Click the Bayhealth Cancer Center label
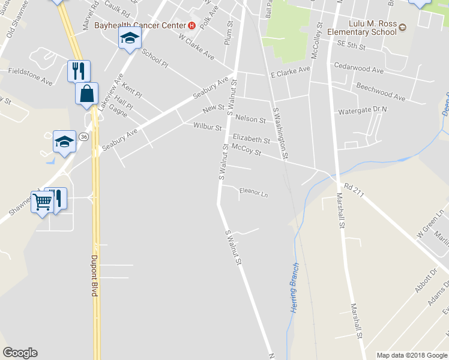coord(140,26)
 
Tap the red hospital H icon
coord(191,26)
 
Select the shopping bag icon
coord(86,94)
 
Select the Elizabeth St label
coord(252,139)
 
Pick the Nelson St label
coord(251,119)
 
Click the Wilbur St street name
coord(208,127)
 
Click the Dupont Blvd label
coord(94,277)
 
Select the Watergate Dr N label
coord(363,110)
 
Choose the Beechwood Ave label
coord(381,91)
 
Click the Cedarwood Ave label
coord(358,70)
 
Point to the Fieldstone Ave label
coord(31,71)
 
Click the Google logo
coord(20,353)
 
